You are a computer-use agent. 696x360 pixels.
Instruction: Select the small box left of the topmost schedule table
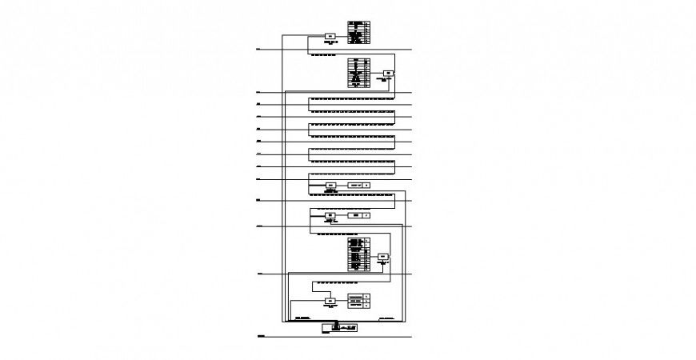[330, 36]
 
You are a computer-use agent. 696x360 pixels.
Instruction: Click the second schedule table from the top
[358, 73]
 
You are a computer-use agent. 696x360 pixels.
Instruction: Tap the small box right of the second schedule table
[388, 74]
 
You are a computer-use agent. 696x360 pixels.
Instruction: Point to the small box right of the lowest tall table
[383, 257]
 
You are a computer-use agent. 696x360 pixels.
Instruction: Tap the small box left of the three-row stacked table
[330, 301]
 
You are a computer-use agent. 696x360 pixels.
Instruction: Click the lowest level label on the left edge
[261, 338]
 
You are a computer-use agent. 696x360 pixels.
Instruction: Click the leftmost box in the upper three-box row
[330, 185]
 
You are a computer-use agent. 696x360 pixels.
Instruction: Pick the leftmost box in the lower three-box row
[330, 215]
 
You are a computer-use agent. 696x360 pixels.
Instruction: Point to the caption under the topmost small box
[330, 42]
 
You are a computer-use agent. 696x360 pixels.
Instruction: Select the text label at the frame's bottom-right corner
[389, 318]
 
